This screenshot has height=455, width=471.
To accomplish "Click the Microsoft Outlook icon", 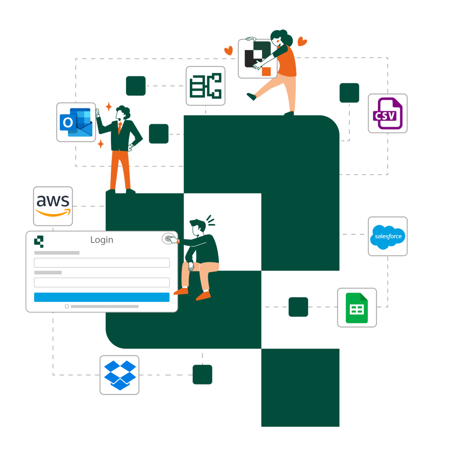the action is (x=76, y=122).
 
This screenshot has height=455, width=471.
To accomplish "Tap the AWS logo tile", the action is (x=53, y=206).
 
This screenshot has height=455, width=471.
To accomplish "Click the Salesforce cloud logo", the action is (x=388, y=237).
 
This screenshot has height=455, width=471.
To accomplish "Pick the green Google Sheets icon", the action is (x=356, y=307).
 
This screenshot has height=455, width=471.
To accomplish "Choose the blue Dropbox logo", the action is (x=120, y=375).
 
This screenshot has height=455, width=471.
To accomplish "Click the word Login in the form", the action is (x=102, y=240).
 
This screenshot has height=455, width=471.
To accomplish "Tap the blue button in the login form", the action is (x=102, y=297).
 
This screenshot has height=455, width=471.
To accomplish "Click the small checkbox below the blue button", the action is (x=67, y=306).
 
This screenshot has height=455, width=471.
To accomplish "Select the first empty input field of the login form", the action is (x=102, y=262).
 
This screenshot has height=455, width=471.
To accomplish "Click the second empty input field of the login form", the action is (x=102, y=282).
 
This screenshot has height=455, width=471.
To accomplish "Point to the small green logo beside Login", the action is (x=39, y=241).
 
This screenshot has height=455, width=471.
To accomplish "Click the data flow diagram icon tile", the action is (x=206, y=86).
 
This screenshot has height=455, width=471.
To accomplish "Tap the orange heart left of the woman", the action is (x=228, y=50).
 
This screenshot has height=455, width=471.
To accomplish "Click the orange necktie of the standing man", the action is (x=120, y=128).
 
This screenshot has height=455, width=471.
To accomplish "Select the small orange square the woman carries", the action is (x=266, y=72).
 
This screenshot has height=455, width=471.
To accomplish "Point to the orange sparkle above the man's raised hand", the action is (x=109, y=106).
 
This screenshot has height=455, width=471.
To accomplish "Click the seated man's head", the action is (x=198, y=227).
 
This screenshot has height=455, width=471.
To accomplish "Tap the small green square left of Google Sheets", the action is (x=298, y=307).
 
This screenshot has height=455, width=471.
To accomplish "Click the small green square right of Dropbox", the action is (x=202, y=374).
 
